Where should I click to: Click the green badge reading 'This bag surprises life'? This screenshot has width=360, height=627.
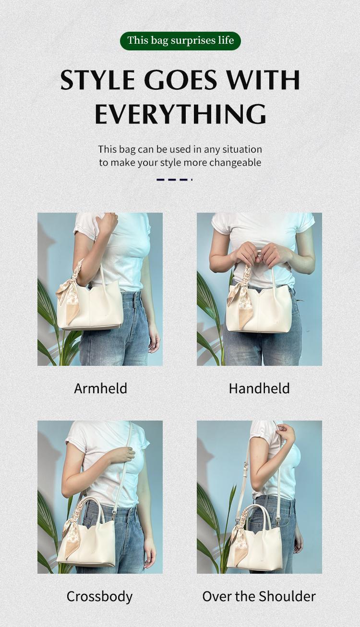[x=180, y=41]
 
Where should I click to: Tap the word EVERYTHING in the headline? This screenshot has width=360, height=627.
[x=180, y=114]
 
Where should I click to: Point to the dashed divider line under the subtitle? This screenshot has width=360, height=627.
[x=174, y=180]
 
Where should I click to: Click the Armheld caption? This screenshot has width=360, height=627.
[x=100, y=388]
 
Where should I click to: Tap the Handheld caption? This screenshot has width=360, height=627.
[x=259, y=388]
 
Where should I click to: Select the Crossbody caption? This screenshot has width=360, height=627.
[x=99, y=596]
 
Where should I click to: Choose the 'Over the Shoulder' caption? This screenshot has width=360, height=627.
[x=259, y=596]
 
